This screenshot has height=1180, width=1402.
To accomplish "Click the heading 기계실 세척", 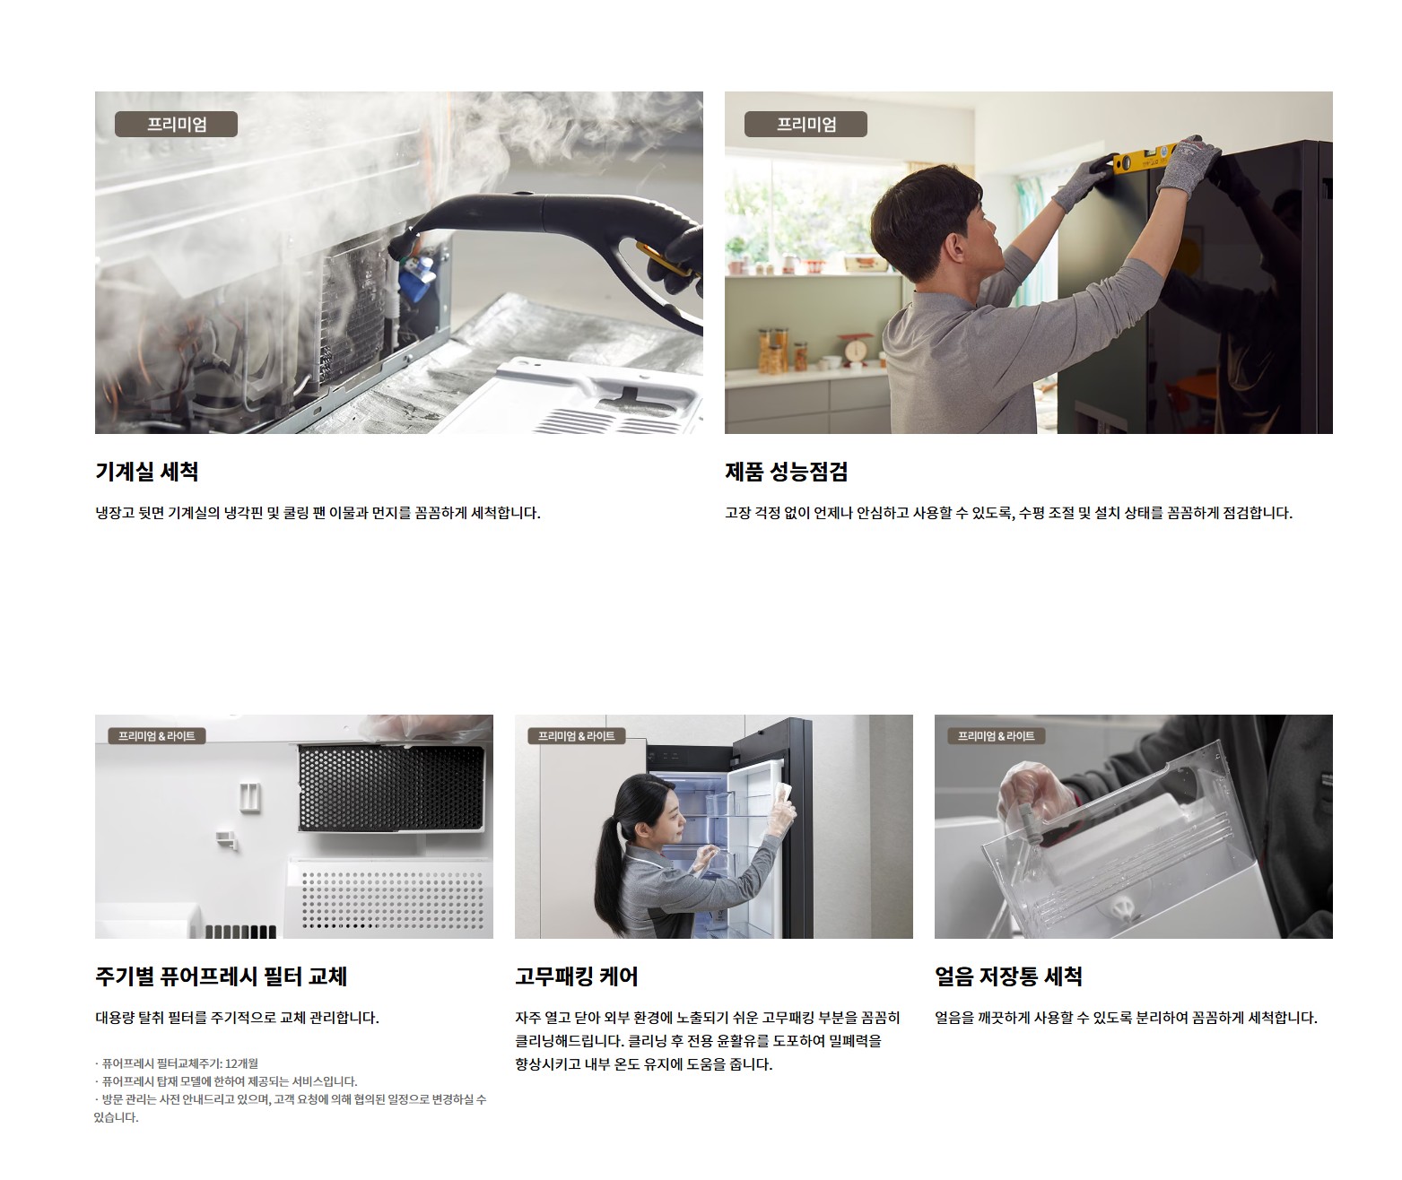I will pos(147,472).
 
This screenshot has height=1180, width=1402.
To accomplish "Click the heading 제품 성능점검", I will pos(786,472).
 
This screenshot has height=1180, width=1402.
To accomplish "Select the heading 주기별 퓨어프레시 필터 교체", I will pos(221,976).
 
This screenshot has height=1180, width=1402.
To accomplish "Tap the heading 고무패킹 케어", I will pos(576,976).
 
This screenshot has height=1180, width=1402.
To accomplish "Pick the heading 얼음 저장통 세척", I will pos(1008,976).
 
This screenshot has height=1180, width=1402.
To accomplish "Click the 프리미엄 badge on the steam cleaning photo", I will pos(176,125).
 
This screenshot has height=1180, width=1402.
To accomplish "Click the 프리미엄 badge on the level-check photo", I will pos(805,125).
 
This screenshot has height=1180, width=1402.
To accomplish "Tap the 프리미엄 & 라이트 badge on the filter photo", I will pos(157,736).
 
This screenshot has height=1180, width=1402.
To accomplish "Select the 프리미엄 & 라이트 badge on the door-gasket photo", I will pos(577,736).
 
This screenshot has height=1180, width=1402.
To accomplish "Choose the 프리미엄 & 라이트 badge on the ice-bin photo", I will pos(996,736).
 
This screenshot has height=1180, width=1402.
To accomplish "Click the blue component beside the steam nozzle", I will pos(415,279).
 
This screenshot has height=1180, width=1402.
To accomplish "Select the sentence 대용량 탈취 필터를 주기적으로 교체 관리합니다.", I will pos(238,1018).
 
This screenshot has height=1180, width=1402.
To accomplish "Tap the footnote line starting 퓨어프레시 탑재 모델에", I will pos(226,1081).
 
